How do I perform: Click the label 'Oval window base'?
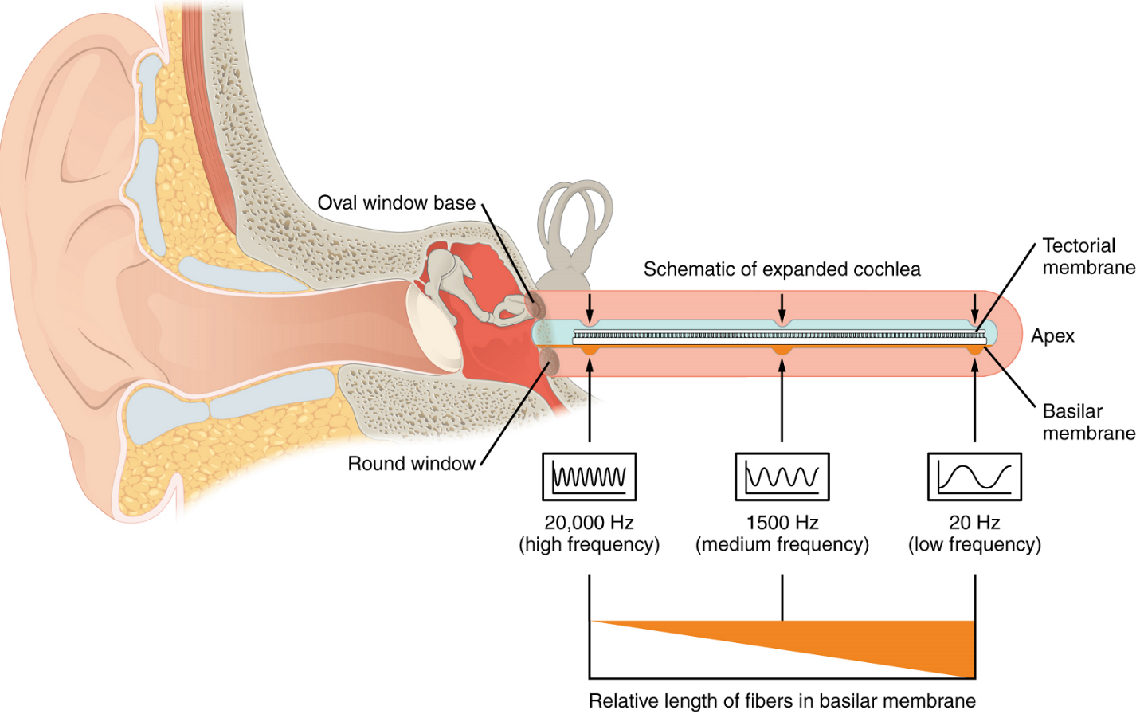tap(396, 203)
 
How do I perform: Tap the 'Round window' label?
tap(411, 464)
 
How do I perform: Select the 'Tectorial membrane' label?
tap(1088, 257)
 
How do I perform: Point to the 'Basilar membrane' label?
tap(1088, 422)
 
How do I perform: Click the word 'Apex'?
tap(1052, 336)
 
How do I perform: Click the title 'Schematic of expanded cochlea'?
tap(782, 269)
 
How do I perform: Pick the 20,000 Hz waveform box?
tap(590, 477)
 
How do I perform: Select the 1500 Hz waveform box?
tap(782, 477)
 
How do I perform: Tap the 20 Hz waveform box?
tap(974, 477)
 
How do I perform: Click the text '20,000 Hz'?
tap(589, 523)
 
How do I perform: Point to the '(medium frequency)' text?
tap(782, 545)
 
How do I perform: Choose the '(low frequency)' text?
tap(974, 545)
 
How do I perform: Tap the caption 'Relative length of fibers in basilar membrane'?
tap(782, 701)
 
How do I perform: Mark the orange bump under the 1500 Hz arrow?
tap(782, 350)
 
